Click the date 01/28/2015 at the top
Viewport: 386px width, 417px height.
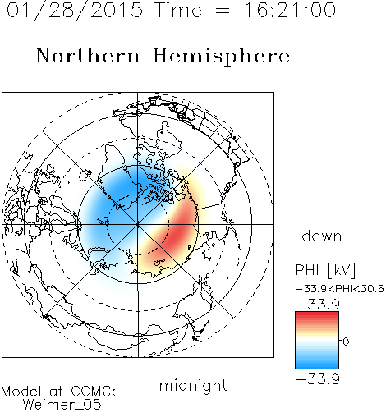click(75, 11)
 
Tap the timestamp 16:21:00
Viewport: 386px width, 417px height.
click(290, 10)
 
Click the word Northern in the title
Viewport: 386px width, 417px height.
click(88, 55)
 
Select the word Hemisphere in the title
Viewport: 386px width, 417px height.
click(221, 57)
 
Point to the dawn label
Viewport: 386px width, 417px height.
click(322, 236)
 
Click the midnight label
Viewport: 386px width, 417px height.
click(193, 386)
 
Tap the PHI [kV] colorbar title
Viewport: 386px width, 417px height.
click(325, 270)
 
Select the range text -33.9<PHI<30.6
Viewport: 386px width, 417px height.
click(340, 289)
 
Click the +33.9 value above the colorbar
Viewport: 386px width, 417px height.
click(318, 305)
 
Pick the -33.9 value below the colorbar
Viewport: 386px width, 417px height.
click(318, 379)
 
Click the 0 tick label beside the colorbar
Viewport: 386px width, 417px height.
click(346, 341)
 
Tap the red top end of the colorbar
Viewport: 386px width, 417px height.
click(317, 314)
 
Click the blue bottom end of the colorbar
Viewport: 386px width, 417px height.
click(317, 366)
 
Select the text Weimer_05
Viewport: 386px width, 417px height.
click(62, 405)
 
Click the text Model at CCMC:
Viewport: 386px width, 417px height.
click(58, 392)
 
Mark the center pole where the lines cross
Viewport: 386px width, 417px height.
click(138, 224)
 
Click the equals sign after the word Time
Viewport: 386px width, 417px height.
click(223, 11)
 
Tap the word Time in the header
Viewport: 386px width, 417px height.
click(178, 10)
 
